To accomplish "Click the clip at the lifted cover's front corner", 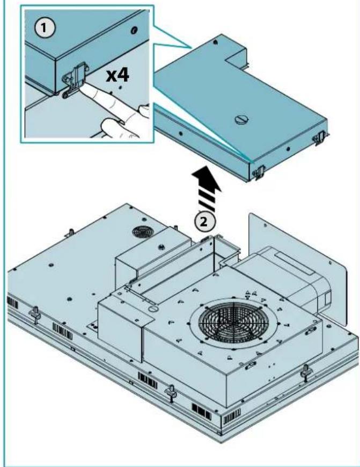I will point(258,171).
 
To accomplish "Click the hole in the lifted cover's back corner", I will point(215,41).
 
